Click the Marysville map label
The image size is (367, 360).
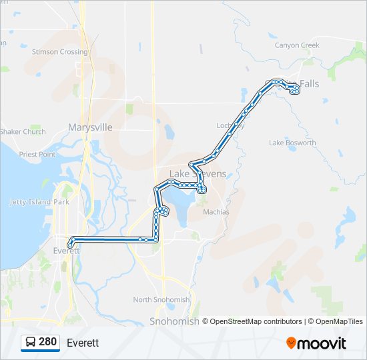point(90,127)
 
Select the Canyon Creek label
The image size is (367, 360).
point(297,45)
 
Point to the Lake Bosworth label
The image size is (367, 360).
point(292,143)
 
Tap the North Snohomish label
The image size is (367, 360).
point(161,300)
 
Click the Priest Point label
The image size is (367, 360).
point(37,154)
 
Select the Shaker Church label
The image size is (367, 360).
point(23,132)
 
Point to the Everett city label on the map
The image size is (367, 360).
point(66,251)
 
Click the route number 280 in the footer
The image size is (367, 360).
point(47,342)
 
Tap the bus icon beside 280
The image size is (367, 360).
point(31,343)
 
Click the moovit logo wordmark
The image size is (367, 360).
point(322,343)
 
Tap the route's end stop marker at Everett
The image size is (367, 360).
point(70,245)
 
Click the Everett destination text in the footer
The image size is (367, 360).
point(83,343)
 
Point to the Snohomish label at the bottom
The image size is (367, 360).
point(175,321)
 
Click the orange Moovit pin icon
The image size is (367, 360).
point(291,343)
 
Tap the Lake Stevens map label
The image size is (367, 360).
point(198,174)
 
